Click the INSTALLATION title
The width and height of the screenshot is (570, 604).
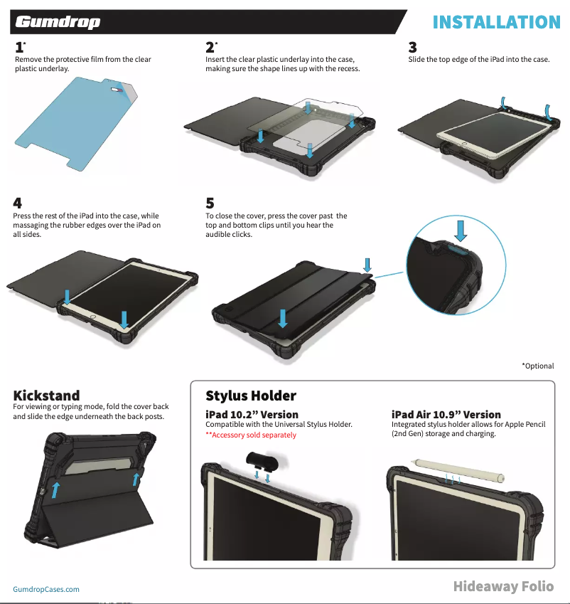tap(496, 22)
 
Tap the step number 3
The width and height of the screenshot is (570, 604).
tap(413, 48)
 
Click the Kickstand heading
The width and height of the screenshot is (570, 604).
tap(47, 395)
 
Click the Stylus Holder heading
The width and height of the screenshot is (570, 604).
tap(251, 396)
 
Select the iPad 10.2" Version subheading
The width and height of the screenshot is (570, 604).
tap(252, 414)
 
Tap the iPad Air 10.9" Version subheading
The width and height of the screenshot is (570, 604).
tap(446, 414)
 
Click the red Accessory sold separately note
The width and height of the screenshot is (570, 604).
tap(251, 435)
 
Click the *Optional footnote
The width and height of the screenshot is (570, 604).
tap(537, 366)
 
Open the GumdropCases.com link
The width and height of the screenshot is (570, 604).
tap(46, 589)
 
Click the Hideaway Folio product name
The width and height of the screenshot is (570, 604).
tap(503, 586)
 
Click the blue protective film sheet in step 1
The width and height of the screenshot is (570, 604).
tap(71, 121)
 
